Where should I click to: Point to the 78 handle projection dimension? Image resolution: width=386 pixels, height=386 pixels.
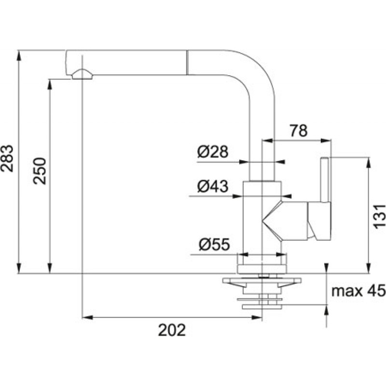click(x=298, y=131)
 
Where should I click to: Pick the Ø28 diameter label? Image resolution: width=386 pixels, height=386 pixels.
click(x=212, y=153)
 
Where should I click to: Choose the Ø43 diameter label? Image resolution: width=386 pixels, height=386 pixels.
click(x=212, y=186)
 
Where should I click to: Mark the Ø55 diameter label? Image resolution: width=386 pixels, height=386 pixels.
click(x=213, y=245)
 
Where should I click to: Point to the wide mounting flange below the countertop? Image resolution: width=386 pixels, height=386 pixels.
click(x=262, y=281)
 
